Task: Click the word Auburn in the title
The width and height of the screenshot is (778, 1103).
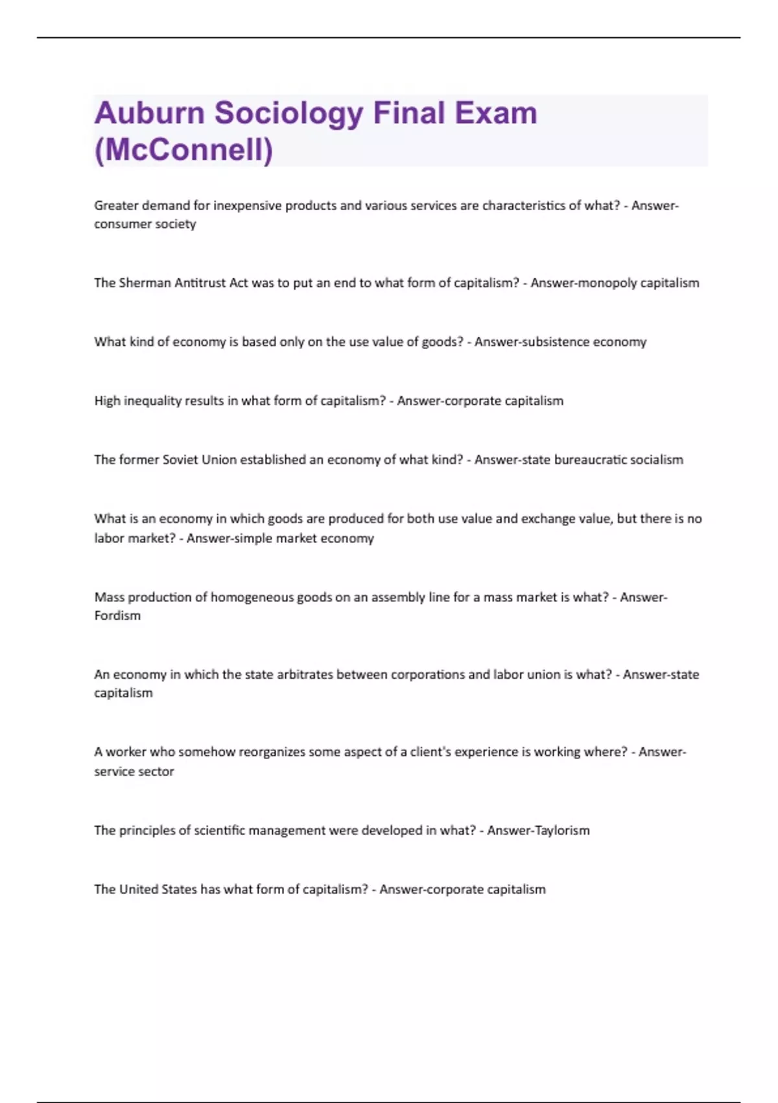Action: coord(148,113)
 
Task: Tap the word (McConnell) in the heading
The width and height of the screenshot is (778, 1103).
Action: coord(183,150)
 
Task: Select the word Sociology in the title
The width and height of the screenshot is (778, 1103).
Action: coord(289,113)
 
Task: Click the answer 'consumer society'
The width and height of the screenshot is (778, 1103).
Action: coord(145,224)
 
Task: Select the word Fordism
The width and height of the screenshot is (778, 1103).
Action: coord(117,616)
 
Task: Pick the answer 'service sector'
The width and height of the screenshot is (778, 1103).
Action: coord(134,771)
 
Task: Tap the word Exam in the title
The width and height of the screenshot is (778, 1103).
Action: coord(495,113)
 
